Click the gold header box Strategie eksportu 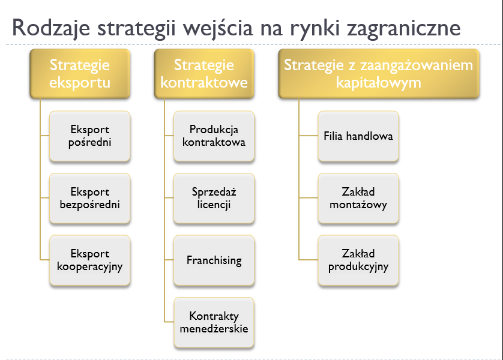[80, 73]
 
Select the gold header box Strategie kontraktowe [203, 73]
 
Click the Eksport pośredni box [89, 136]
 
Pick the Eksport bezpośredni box [89, 199]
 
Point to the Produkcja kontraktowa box [214, 136]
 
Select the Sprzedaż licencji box [214, 199]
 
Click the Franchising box [214, 261]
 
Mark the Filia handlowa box [358, 136]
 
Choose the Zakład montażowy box [358, 199]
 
